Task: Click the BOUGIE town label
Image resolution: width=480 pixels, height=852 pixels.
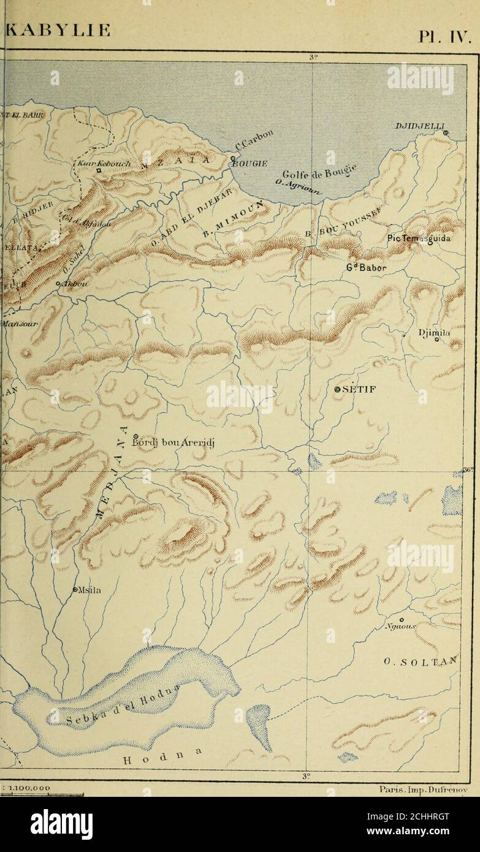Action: [247, 163]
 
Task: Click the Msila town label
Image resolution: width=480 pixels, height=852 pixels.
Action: [89, 591]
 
